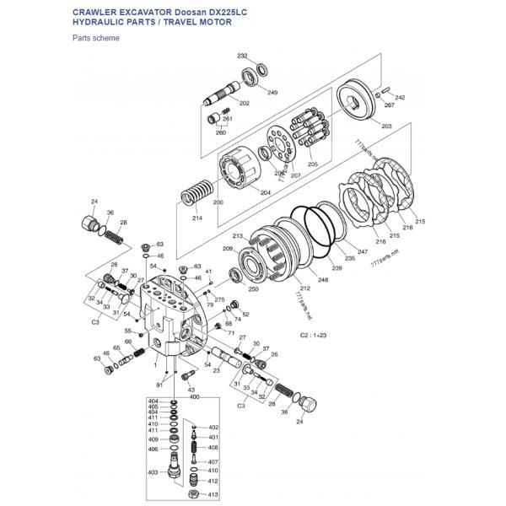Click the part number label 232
(x=242, y=56)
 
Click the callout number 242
(x=400, y=98)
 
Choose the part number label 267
(x=389, y=105)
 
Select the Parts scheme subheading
(x=95, y=38)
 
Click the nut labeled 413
(x=193, y=493)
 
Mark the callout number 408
(x=213, y=447)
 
